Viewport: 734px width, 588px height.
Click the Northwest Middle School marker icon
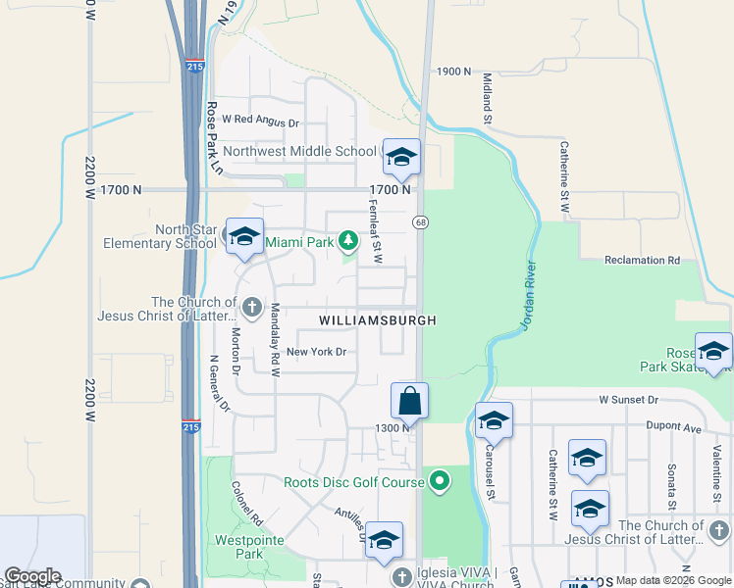(400, 157)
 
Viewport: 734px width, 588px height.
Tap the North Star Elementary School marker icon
(244, 236)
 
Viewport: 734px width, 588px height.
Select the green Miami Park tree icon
(347, 240)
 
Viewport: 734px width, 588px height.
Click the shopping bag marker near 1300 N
(409, 401)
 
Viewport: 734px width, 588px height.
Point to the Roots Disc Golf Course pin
(440, 481)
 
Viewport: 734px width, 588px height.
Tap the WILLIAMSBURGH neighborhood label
(377, 320)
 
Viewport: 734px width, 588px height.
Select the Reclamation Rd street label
(642, 261)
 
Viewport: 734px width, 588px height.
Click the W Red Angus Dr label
(260, 122)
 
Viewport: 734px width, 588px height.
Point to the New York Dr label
(317, 352)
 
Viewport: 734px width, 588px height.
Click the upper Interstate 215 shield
(192, 66)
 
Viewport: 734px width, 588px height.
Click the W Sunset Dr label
(629, 400)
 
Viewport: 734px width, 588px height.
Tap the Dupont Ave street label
(673, 427)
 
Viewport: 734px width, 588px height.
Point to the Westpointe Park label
(239, 547)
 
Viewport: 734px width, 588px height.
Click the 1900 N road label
(454, 72)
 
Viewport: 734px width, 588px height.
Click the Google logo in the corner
(31, 576)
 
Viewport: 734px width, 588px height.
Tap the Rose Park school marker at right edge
(713, 352)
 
